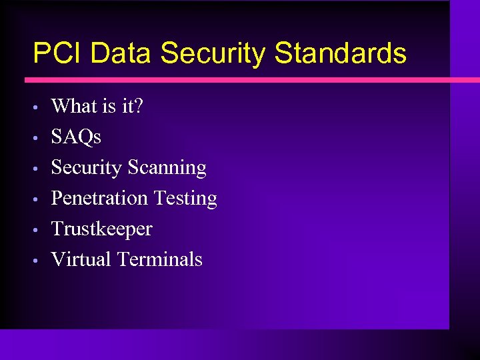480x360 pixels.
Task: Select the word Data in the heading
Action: coord(121,53)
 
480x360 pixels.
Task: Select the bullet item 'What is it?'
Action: coord(97,106)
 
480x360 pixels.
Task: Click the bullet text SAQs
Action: coord(76,137)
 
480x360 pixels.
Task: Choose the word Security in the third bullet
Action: coord(87,167)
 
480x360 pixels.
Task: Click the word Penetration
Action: coord(99,198)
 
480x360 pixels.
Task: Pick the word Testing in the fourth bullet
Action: coord(185,198)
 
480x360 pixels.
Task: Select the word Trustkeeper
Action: coord(101,229)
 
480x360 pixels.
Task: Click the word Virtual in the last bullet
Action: coord(81,259)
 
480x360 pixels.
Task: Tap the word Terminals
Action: coord(159,259)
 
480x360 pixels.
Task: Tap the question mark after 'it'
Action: coord(138,106)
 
